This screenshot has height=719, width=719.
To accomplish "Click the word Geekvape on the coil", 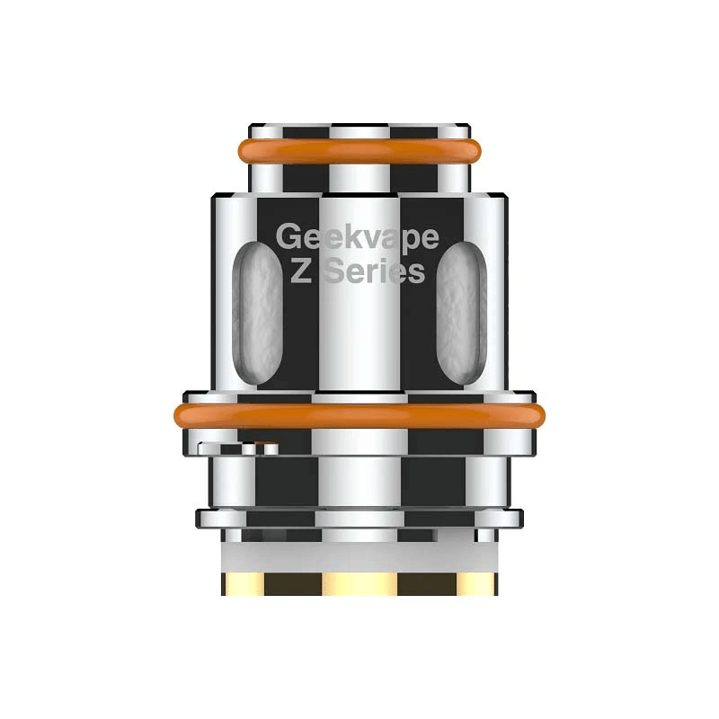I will point(357,238).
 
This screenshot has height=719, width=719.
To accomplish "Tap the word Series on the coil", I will point(373,272).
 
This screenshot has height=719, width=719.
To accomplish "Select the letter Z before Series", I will point(301,272).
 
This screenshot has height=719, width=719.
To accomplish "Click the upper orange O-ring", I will point(359,150).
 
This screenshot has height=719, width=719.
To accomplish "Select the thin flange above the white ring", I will point(359,519).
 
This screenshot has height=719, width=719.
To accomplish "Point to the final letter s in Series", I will point(415,273).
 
